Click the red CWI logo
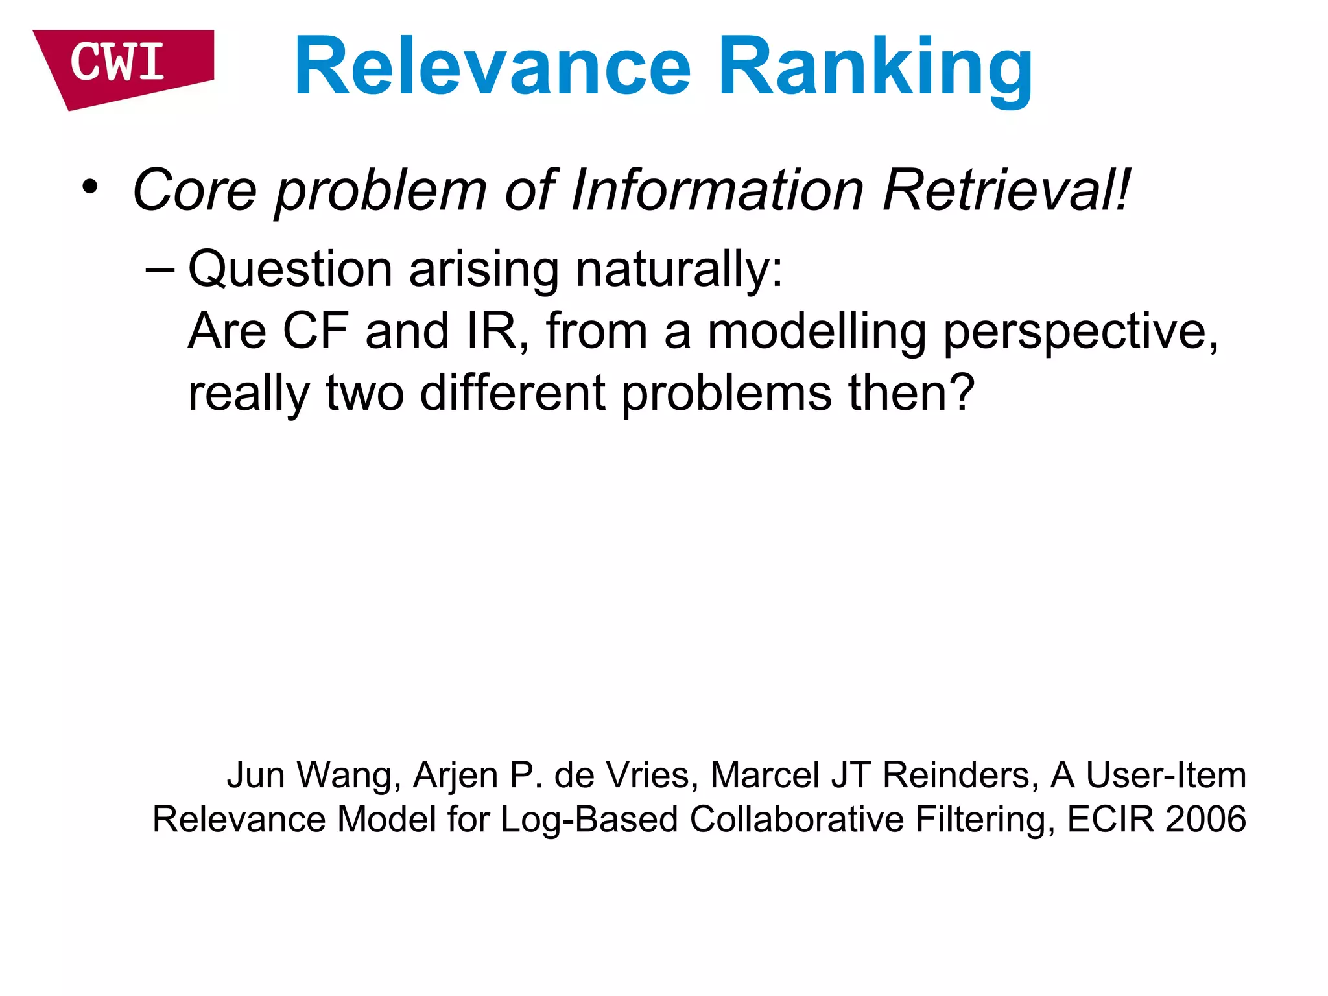pos(120,65)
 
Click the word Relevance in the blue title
pos(493,67)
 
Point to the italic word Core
pos(195,191)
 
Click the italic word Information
pos(717,191)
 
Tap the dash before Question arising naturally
pos(160,269)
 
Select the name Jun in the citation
pos(255,776)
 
